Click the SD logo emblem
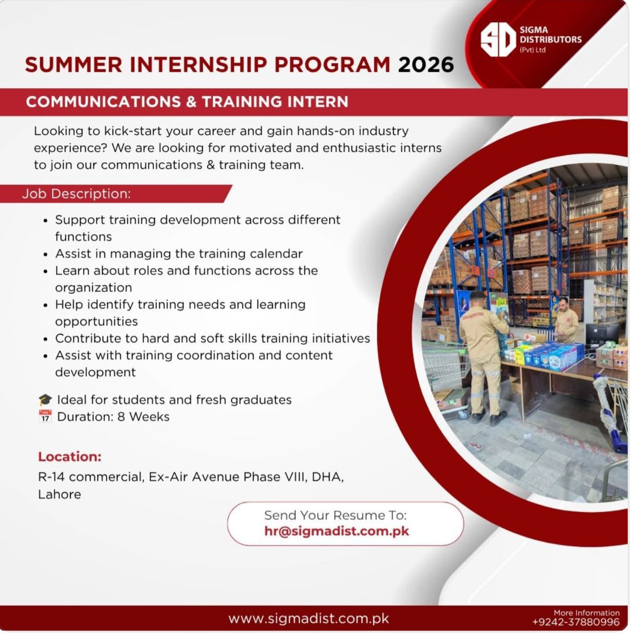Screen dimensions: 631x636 (497, 39)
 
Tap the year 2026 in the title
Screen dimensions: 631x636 (426, 64)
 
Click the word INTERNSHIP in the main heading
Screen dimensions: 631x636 (198, 64)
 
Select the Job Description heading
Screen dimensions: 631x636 (76, 194)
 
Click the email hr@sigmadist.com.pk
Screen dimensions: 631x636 (336, 531)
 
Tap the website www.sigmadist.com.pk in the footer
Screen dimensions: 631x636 (308, 618)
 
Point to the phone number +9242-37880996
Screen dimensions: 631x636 (576, 622)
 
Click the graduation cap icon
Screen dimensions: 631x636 (45, 400)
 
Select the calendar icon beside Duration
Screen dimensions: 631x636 (45, 416)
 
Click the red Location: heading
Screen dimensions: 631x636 (70, 457)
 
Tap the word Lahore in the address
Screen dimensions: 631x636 (60, 494)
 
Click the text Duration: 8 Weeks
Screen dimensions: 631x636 (113, 417)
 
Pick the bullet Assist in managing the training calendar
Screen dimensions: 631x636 (179, 254)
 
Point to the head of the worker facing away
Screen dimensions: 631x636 (478, 299)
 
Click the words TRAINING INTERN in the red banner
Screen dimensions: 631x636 (275, 102)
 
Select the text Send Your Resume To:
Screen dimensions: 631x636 (335, 515)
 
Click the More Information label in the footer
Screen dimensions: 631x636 (587, 612)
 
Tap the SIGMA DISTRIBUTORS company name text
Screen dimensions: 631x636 (550, 35)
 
